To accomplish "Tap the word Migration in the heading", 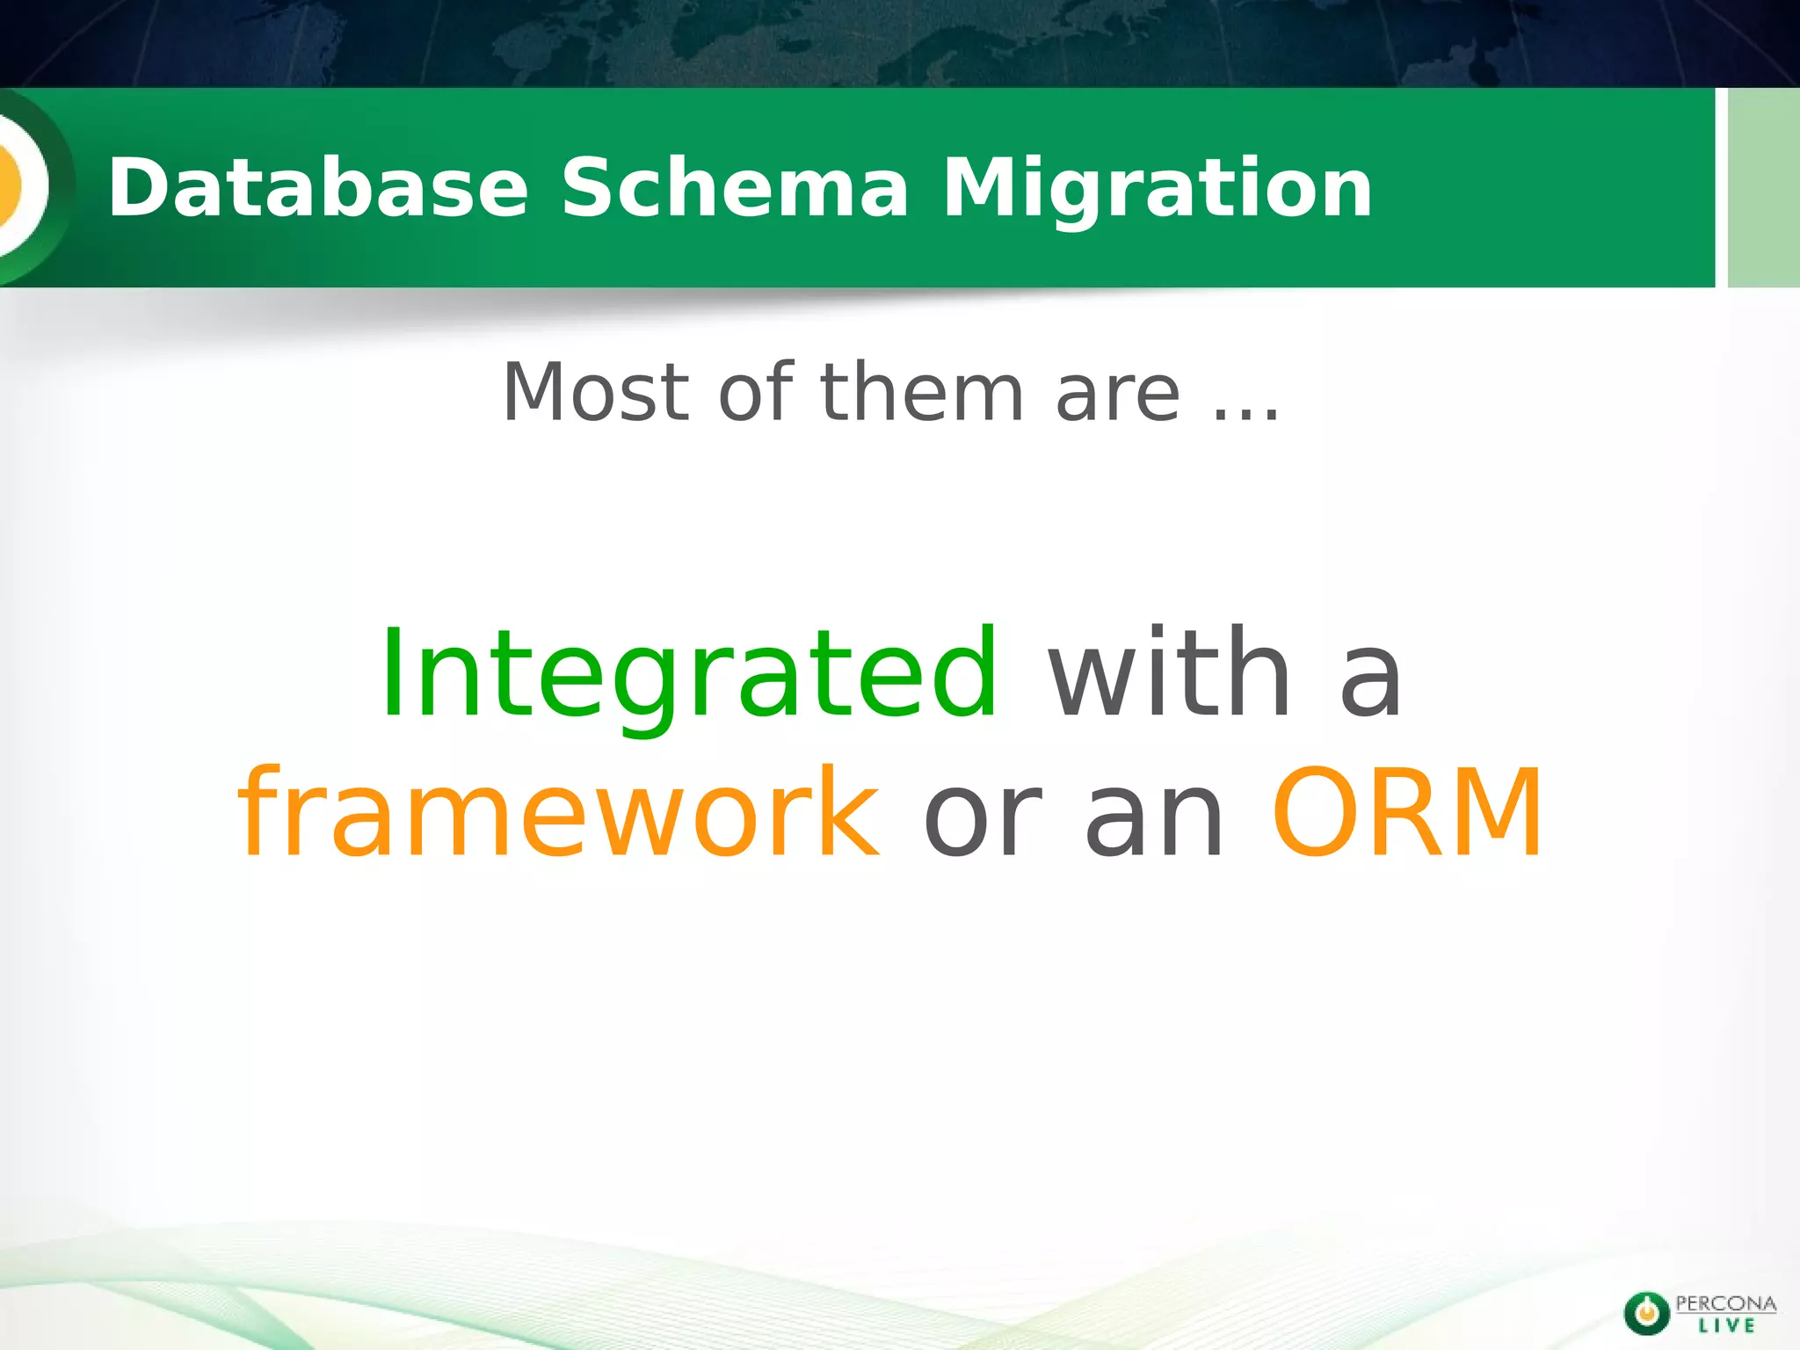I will (x=1157, y=189).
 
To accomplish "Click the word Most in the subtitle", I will (x=595, y=392).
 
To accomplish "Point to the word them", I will (x=922, y=392).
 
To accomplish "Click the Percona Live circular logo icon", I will (x=1646, y=1313).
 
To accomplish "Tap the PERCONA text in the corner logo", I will (x=1725, y=1303).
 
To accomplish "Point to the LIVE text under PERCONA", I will (x=1726, y=1326).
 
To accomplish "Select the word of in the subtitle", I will (x=756, y=392).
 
